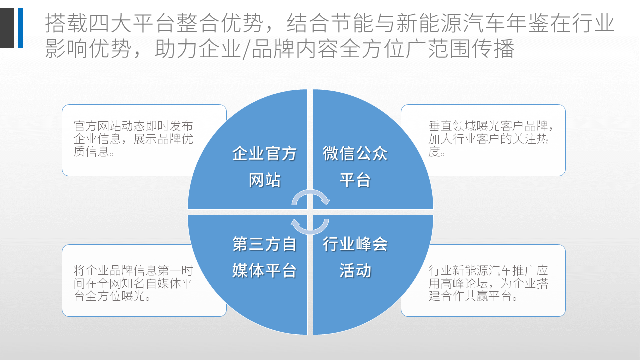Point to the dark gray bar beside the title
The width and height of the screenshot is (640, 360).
pyautogui.click(x=7, y=28)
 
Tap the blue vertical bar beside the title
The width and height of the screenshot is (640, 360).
pyautogui.click(x=21, y=28)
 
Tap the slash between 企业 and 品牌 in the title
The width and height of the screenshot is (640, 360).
pyautogui.click(x=246, y=49)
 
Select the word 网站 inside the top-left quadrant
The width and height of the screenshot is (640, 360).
pyautogui.click(x=265, y=180)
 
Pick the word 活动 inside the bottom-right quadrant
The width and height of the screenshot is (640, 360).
pyautogui.click(x=355, y=270)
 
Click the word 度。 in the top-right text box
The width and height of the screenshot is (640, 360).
pyautogui.click(x=437, y=152)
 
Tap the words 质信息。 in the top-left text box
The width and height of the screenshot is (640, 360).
pyautogui.click(x=94, y=151)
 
